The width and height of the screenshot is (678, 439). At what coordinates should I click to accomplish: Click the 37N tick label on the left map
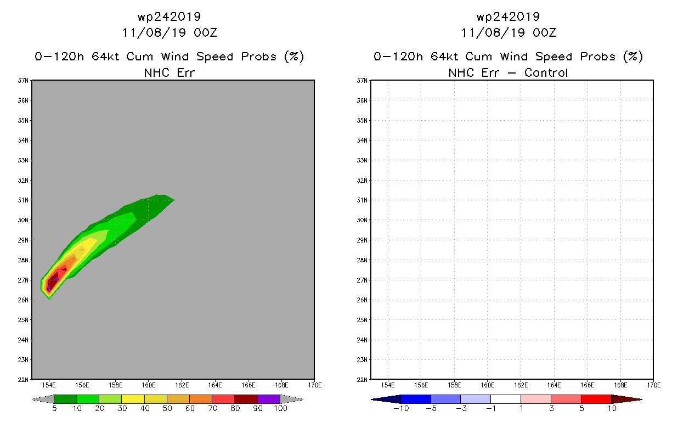pyautogui.click(x=23, y=81)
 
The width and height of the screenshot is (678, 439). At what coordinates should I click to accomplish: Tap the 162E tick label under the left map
pyautogui.click(x=182, y=385)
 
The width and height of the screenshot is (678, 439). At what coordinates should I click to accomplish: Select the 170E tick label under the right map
pyautogui.click(x=654, y=385)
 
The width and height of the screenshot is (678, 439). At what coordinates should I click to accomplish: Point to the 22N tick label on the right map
pyautogui.click(x=362, y=380)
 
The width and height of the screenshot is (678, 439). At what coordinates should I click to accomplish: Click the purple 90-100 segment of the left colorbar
pyautogui.click(x=269, y=399)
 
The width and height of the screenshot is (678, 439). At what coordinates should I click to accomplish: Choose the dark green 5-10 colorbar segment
pyautogui.click(x=65, y=399)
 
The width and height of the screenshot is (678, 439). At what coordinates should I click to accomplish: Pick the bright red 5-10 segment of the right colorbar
pyautogui.click(x=596, y=399)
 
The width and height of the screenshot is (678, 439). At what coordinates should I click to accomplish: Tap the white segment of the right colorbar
pyautogui.click(x=506, y=399)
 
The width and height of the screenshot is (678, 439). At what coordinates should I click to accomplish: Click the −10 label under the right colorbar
pyautogui.click(x=401, y=408)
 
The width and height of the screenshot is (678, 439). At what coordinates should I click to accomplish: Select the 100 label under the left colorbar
pyautogui.click(x=280, y=408)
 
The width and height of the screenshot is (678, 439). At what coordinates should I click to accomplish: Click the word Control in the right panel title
pyautogui.click(x=546, y=72)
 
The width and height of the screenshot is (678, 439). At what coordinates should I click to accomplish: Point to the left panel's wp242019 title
pyautogui.click(x=169, y=16)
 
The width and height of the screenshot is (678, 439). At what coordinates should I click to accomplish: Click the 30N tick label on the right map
pyautogui.click(x=362, y=220)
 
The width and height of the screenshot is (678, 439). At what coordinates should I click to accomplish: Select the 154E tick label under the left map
pyautogui.click(x=49, y=385)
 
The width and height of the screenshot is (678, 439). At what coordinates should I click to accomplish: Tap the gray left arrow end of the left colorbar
pyautogui.click(x=43, y=399)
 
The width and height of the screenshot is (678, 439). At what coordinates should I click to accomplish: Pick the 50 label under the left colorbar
pyautogui.click(x=167, y=408)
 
